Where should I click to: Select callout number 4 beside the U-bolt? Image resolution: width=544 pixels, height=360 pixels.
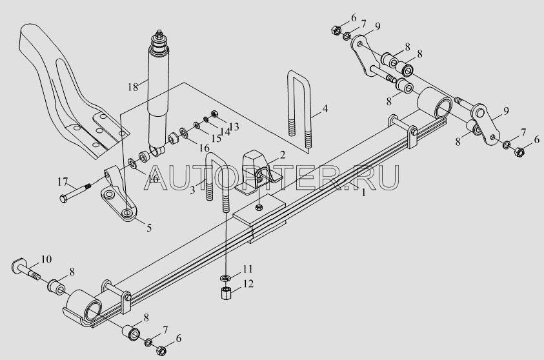(325, 108)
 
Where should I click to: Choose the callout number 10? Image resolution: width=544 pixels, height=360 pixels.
(46, 260)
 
